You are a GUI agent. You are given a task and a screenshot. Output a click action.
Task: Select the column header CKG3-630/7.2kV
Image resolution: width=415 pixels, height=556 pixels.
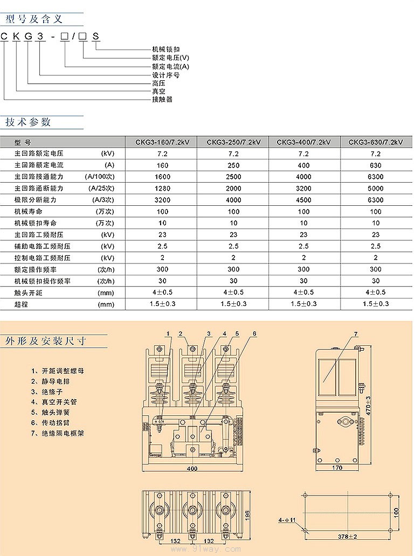pos(376,142)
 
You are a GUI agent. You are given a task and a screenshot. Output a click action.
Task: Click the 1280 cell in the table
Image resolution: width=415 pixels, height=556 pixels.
pos(163,189)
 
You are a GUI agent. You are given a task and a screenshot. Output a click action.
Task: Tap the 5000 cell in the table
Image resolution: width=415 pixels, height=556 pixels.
pos(376,189)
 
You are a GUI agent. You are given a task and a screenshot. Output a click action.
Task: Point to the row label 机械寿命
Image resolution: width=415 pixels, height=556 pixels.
pos(28,212)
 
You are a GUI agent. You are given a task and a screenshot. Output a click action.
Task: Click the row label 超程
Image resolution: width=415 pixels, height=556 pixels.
pos(21,304)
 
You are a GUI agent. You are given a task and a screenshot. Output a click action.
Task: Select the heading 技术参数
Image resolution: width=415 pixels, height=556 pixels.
pos(28,122)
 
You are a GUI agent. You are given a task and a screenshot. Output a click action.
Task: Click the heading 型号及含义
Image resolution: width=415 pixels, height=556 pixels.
pos(34,19)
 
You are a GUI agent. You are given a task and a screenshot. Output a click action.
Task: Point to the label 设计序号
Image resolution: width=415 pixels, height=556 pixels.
pos(165,75)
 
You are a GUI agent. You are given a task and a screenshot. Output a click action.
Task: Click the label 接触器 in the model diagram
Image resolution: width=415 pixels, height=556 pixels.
pos(162,100)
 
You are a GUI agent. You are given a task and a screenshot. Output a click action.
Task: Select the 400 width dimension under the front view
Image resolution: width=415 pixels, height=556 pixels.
pos(192,469)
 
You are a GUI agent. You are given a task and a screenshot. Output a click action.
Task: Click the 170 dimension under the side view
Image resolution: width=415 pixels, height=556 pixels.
pos(337,468)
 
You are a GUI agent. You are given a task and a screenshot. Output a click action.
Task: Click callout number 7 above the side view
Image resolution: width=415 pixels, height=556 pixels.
pos(356,334)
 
